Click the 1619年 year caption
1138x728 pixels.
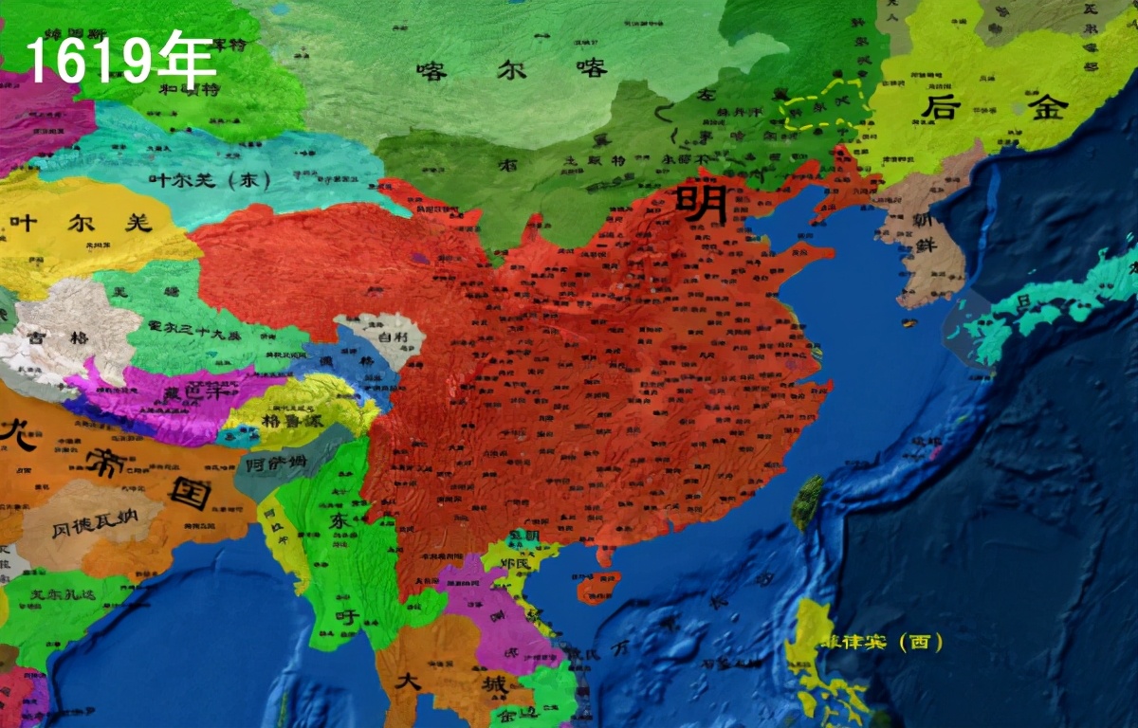120,59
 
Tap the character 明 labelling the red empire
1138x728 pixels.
702,204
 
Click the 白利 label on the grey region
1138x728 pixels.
391,337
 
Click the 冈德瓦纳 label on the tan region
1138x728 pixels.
92,524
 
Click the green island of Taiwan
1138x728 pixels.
807,502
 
